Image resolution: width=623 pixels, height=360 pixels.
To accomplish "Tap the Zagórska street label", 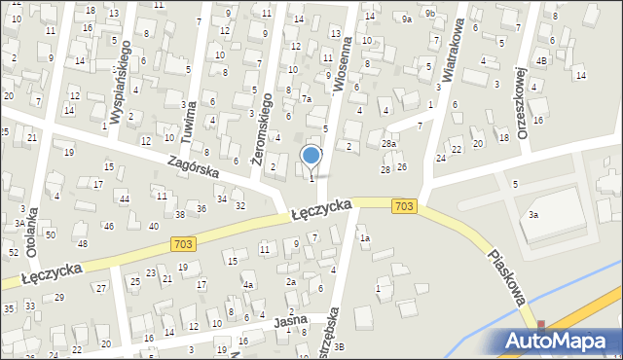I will [193, 168].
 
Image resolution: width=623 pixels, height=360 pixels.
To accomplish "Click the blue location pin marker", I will [311, 157].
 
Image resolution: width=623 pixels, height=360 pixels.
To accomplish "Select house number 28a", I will [389, 144].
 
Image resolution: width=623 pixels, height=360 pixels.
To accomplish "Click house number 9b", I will [429, 13].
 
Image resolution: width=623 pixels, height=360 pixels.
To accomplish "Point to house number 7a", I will [306, 99].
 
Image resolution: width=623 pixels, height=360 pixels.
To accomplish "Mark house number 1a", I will [365, 237].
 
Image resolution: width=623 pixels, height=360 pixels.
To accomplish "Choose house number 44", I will [125, 198].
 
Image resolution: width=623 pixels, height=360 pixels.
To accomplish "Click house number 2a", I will [290, 281].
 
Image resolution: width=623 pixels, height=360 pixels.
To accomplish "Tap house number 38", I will [180, 214].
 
